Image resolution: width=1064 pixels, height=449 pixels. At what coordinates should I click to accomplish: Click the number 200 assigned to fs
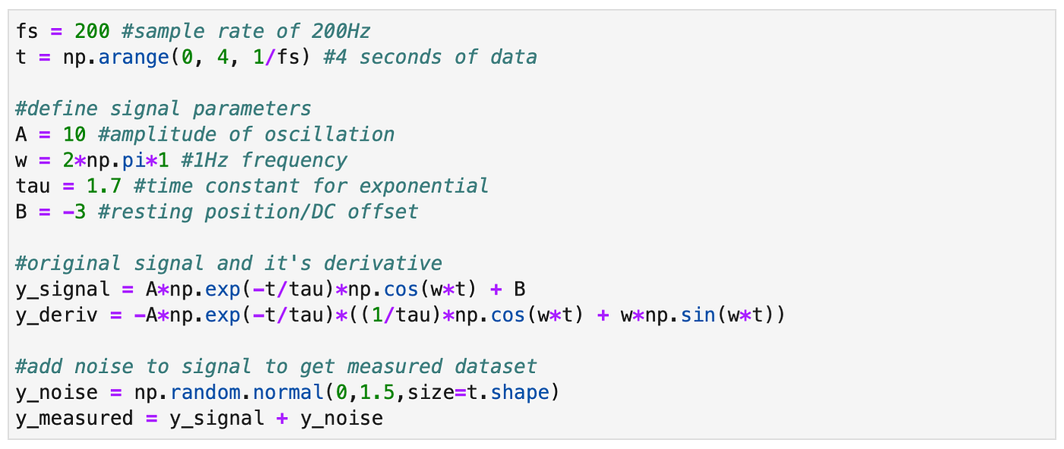coord(93,31)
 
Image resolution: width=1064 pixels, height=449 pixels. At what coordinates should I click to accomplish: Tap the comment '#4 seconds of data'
coord(430,57)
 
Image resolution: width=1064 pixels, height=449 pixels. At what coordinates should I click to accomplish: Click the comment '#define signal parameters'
coord(163,109)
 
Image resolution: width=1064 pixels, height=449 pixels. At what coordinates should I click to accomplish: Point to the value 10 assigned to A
coord(74,134)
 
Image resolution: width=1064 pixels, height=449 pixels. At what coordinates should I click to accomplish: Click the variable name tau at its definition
coord(33,186)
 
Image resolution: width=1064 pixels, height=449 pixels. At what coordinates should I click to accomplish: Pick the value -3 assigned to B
coord(74,212)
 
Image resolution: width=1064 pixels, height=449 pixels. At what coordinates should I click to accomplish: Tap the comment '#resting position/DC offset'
coord(258,212)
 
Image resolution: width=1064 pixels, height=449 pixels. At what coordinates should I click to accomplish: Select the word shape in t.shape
coord(525,393)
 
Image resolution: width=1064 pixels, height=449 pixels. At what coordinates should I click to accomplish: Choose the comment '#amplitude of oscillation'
coord(246,134)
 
